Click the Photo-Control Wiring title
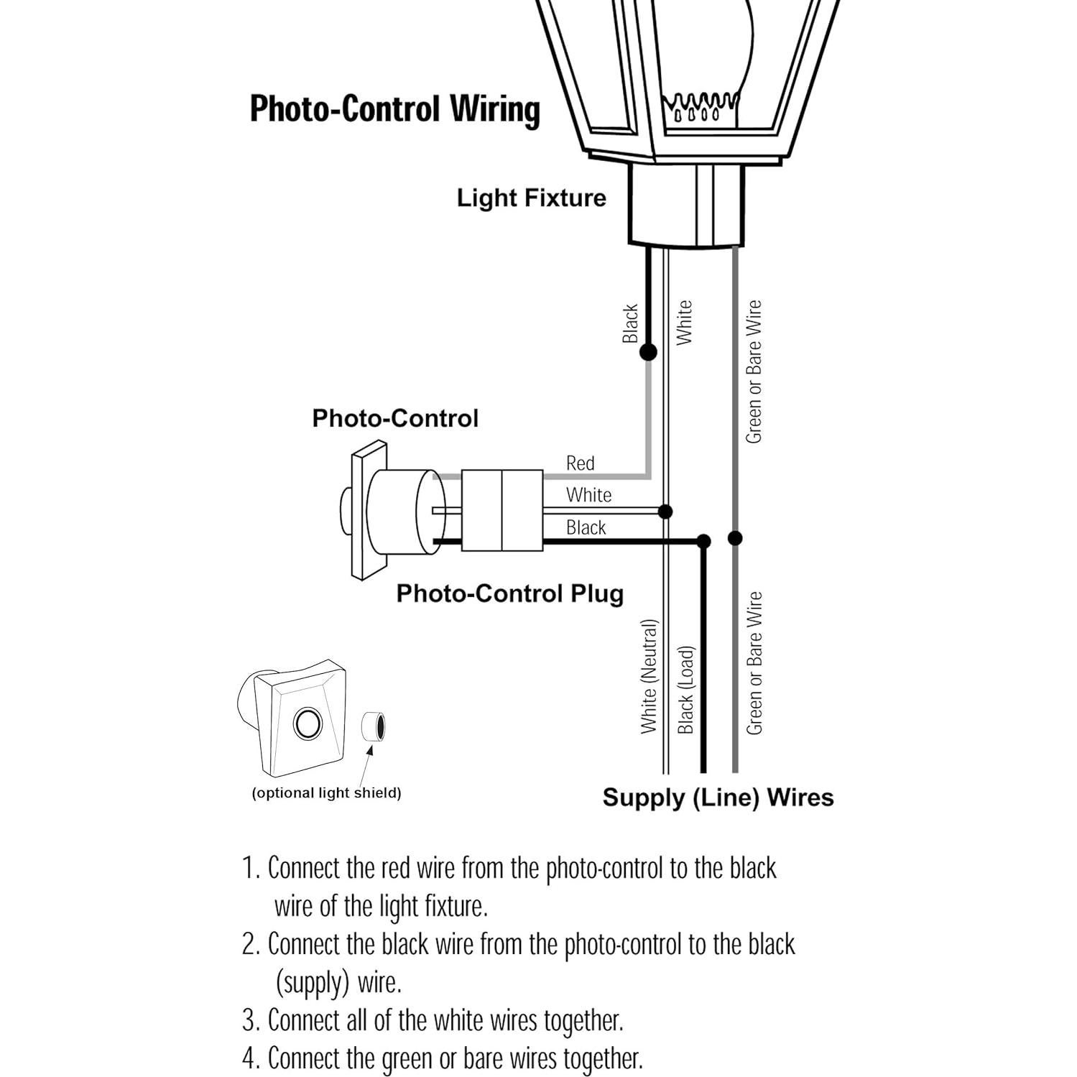[x=394, y=109]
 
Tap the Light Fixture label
[x=531, y=198]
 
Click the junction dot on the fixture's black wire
[x=648, y=352]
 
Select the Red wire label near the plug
[x=580, y=463]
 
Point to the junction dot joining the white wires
[x=665, y=512]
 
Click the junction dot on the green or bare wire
[x=734, y=537]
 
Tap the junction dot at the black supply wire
[x=703, y=542]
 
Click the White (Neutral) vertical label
[x=649, y=676]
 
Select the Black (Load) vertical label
[x=686, y=690]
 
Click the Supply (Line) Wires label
[x=718, y=798]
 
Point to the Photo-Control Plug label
[x=509, y=593]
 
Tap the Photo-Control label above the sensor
[x=394, y=418]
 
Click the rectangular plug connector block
[x=501, y=511]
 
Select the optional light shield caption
[x=326, y=793]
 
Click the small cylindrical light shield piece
[x=373, y=727]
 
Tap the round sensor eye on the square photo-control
[x=308, y=723]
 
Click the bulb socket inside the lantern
[x=701, y=108]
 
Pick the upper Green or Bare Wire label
[x=753, y=371]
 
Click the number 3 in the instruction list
[x=249, y=1020]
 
